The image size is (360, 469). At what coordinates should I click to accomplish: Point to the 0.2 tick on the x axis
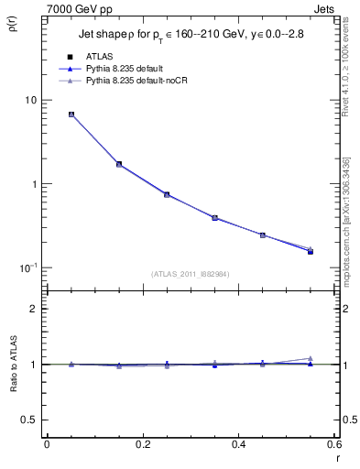pyautogui.click(x=142, y=444)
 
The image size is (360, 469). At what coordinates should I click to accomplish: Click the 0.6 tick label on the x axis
pyautogui.click(x=333, y=444)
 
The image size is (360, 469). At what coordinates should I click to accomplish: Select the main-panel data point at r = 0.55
pyautogui.click(x=310, y=251)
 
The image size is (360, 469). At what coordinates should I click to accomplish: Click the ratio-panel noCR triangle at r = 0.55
pyautogui.click(x=310, y=358)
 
